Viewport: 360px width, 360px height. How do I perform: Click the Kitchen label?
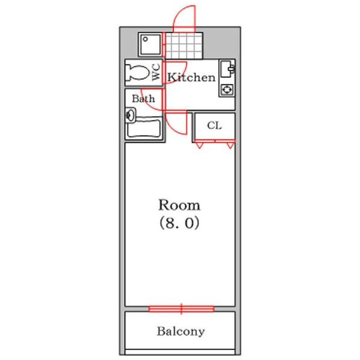pyautogui.click(x=191, y=77)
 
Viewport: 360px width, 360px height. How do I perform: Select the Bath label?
pyautogui.click(x=143, y=98)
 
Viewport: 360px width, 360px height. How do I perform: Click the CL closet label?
pyautogui.click(x=214, y=126)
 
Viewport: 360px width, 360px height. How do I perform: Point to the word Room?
pyautogui.click(x=179, y=205)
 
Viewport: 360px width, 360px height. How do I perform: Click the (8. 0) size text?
pyautogui.click(x=179, y=224)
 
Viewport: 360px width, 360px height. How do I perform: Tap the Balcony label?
pyautogui.click(x=181, y=331)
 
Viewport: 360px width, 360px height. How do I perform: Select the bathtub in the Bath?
pyautogui.click(x=144, y=129)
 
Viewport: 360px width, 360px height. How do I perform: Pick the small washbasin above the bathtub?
pyautogui.click(x=130, y=114)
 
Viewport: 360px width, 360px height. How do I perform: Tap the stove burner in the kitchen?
pyautogui.click(x=227, y=89)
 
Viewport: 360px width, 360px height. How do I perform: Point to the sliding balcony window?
pyautogui.click(x=181, y=309)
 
